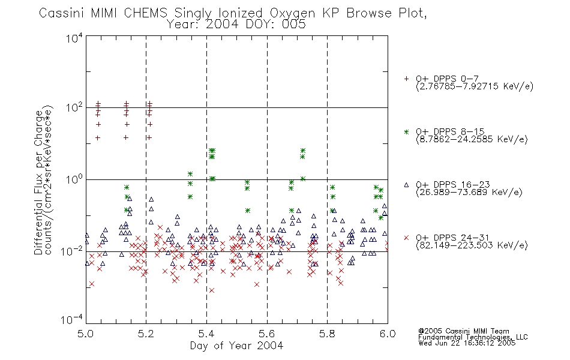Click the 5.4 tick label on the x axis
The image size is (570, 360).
206,334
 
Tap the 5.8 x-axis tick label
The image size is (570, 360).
327,334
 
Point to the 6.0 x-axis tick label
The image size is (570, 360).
388,334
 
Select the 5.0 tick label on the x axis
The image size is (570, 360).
85,334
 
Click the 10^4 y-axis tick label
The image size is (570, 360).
74,38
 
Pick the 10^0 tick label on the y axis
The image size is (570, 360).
74,179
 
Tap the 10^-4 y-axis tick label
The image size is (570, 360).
72,319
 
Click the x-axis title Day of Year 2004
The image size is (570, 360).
236,346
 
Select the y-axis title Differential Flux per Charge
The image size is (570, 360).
38,182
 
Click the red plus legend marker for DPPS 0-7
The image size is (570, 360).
406,79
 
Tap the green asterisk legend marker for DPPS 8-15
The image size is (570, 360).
406,131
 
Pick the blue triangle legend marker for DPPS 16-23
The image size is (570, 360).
406,185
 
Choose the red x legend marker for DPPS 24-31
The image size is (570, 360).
406,238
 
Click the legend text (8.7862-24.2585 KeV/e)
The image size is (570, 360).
472,139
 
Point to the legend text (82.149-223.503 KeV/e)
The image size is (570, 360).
472,245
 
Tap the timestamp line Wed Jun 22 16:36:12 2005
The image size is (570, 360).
467,343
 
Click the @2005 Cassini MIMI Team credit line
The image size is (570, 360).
463,331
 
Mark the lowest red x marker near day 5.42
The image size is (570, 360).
212,290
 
